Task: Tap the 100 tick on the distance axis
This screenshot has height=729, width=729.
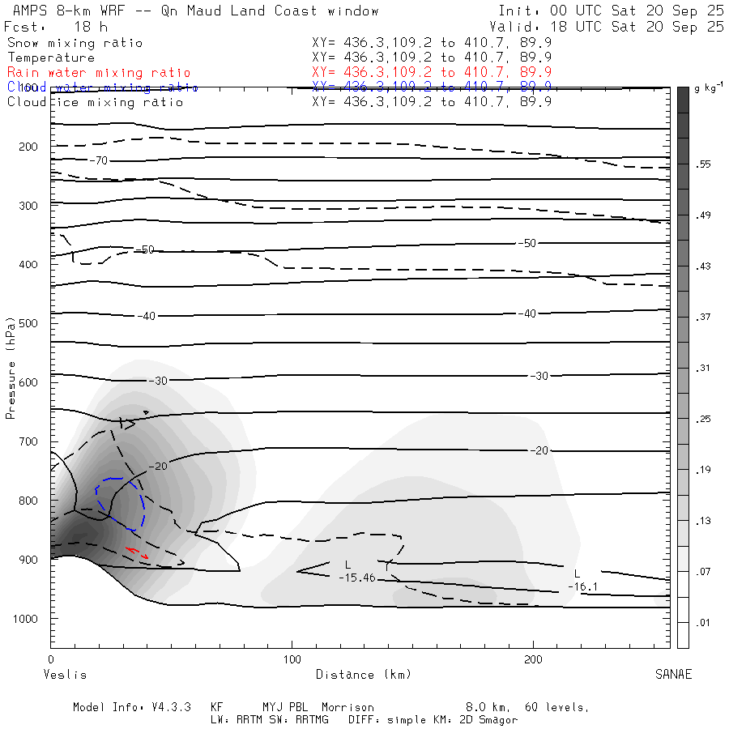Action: tap(292, 661)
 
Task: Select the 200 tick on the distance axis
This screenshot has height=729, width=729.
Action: tap(534, 661)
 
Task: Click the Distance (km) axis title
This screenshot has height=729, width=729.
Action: tap(363, 675)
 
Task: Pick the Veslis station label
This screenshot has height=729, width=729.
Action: tap(65, 675)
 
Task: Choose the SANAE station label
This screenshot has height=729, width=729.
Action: tap(673, 675)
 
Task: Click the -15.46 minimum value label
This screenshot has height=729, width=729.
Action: tap(356, 577)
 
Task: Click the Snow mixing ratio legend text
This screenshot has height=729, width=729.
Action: tap(75, 43)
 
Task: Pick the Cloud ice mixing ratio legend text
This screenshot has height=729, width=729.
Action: tap(95, 102)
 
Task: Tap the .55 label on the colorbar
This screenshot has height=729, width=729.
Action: tap(702, 164)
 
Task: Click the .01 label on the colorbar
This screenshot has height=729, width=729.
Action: tap(702, 622)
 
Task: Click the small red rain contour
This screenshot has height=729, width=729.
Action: tap(136, 553)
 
